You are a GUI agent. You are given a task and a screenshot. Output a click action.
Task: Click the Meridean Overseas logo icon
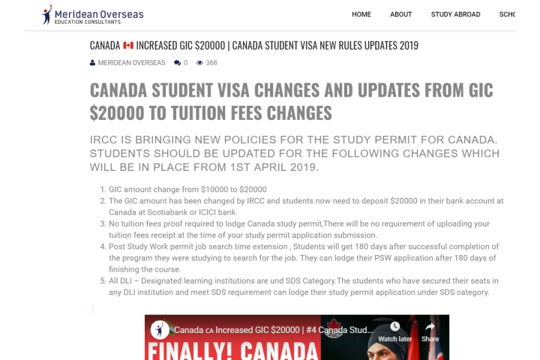(x=48, y=14)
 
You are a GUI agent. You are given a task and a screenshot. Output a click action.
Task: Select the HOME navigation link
(x=361, y=14)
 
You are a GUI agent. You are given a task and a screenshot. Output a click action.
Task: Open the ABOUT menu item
(x=401, y=14)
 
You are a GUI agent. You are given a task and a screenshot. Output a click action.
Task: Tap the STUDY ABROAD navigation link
(x=455, y=14)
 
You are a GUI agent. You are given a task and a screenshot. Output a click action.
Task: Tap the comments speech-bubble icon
(x=177, y=63)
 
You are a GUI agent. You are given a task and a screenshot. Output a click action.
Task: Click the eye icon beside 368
(x=199, y=63)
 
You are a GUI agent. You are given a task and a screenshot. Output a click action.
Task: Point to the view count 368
(x=211, y=63)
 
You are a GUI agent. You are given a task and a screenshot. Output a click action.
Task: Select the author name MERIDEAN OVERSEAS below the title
(x=132, y=63)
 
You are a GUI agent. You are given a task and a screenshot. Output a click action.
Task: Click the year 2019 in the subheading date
(x=298, y=166)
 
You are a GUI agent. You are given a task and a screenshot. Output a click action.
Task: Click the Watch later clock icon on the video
(x=394, y=326)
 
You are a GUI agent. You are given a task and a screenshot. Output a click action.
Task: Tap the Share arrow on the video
(x=430, y=326)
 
